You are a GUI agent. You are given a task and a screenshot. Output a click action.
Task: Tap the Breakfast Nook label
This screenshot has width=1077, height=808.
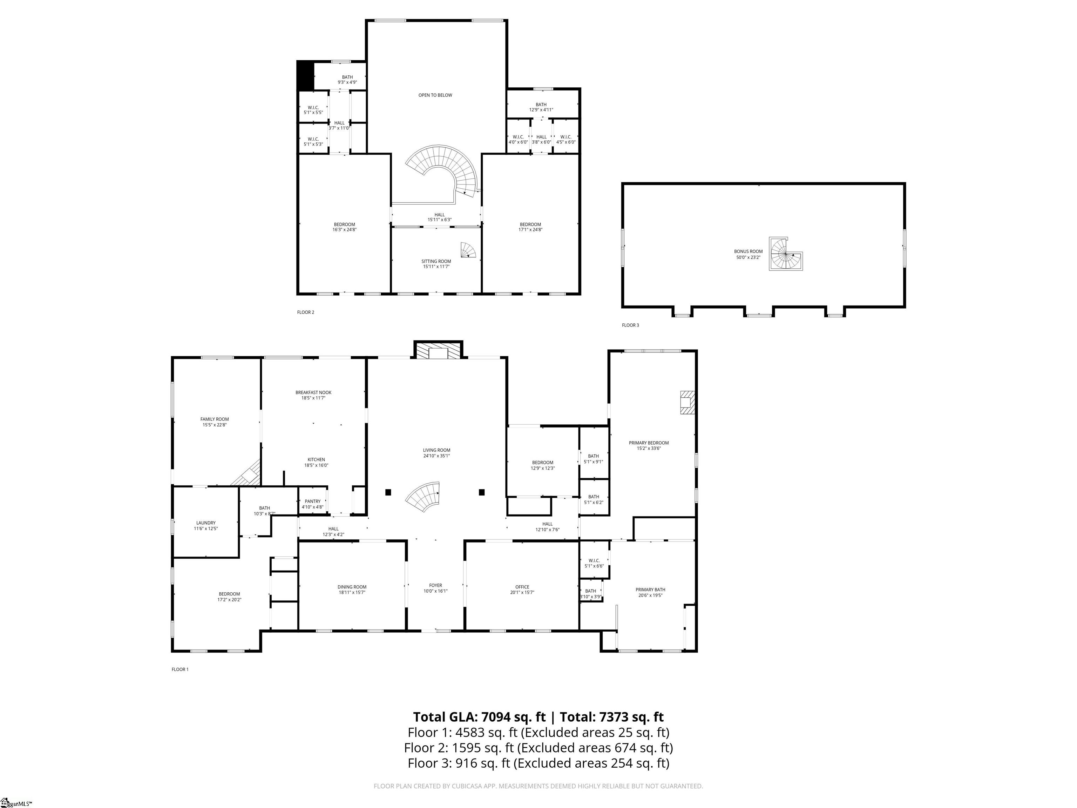(x=313, y=392)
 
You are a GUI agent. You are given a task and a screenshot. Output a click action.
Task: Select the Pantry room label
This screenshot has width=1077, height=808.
(x=313, y=501)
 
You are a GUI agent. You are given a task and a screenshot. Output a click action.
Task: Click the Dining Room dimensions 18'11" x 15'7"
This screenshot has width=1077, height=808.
(x=352, y=593)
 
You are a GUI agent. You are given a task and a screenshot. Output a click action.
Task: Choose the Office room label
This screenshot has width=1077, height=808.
(x=522, y=587)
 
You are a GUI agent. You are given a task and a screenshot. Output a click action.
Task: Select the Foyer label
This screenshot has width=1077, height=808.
(x=435, y=585)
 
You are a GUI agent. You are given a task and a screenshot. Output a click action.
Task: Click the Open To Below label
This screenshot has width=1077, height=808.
(x=435, y=95)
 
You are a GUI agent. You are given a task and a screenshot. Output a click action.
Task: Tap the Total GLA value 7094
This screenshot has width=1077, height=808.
(x=496, y=717)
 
